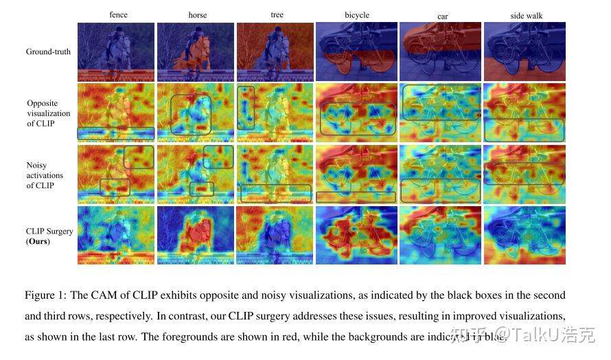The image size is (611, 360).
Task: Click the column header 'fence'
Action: (118, 14)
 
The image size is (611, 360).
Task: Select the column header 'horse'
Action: (198, 14)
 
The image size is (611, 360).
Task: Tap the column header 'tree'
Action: (276, 14)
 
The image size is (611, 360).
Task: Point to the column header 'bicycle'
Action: (357, 14)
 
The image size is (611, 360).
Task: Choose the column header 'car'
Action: (442, 16)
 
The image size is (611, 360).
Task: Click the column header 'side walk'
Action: (525, 15)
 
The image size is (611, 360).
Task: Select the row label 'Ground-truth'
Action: (48, 52)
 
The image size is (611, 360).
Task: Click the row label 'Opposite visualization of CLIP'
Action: (48, 113)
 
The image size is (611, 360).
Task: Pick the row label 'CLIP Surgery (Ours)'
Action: (49, 236)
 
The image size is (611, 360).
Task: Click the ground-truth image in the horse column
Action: (196, 52)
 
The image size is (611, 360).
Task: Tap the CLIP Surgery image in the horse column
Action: (196, 235)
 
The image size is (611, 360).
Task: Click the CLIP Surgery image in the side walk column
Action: (524, 235)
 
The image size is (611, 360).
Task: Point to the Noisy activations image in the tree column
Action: (275, 174)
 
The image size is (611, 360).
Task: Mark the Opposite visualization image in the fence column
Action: (116, 113)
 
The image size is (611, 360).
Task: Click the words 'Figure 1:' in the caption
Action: (45, 295)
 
